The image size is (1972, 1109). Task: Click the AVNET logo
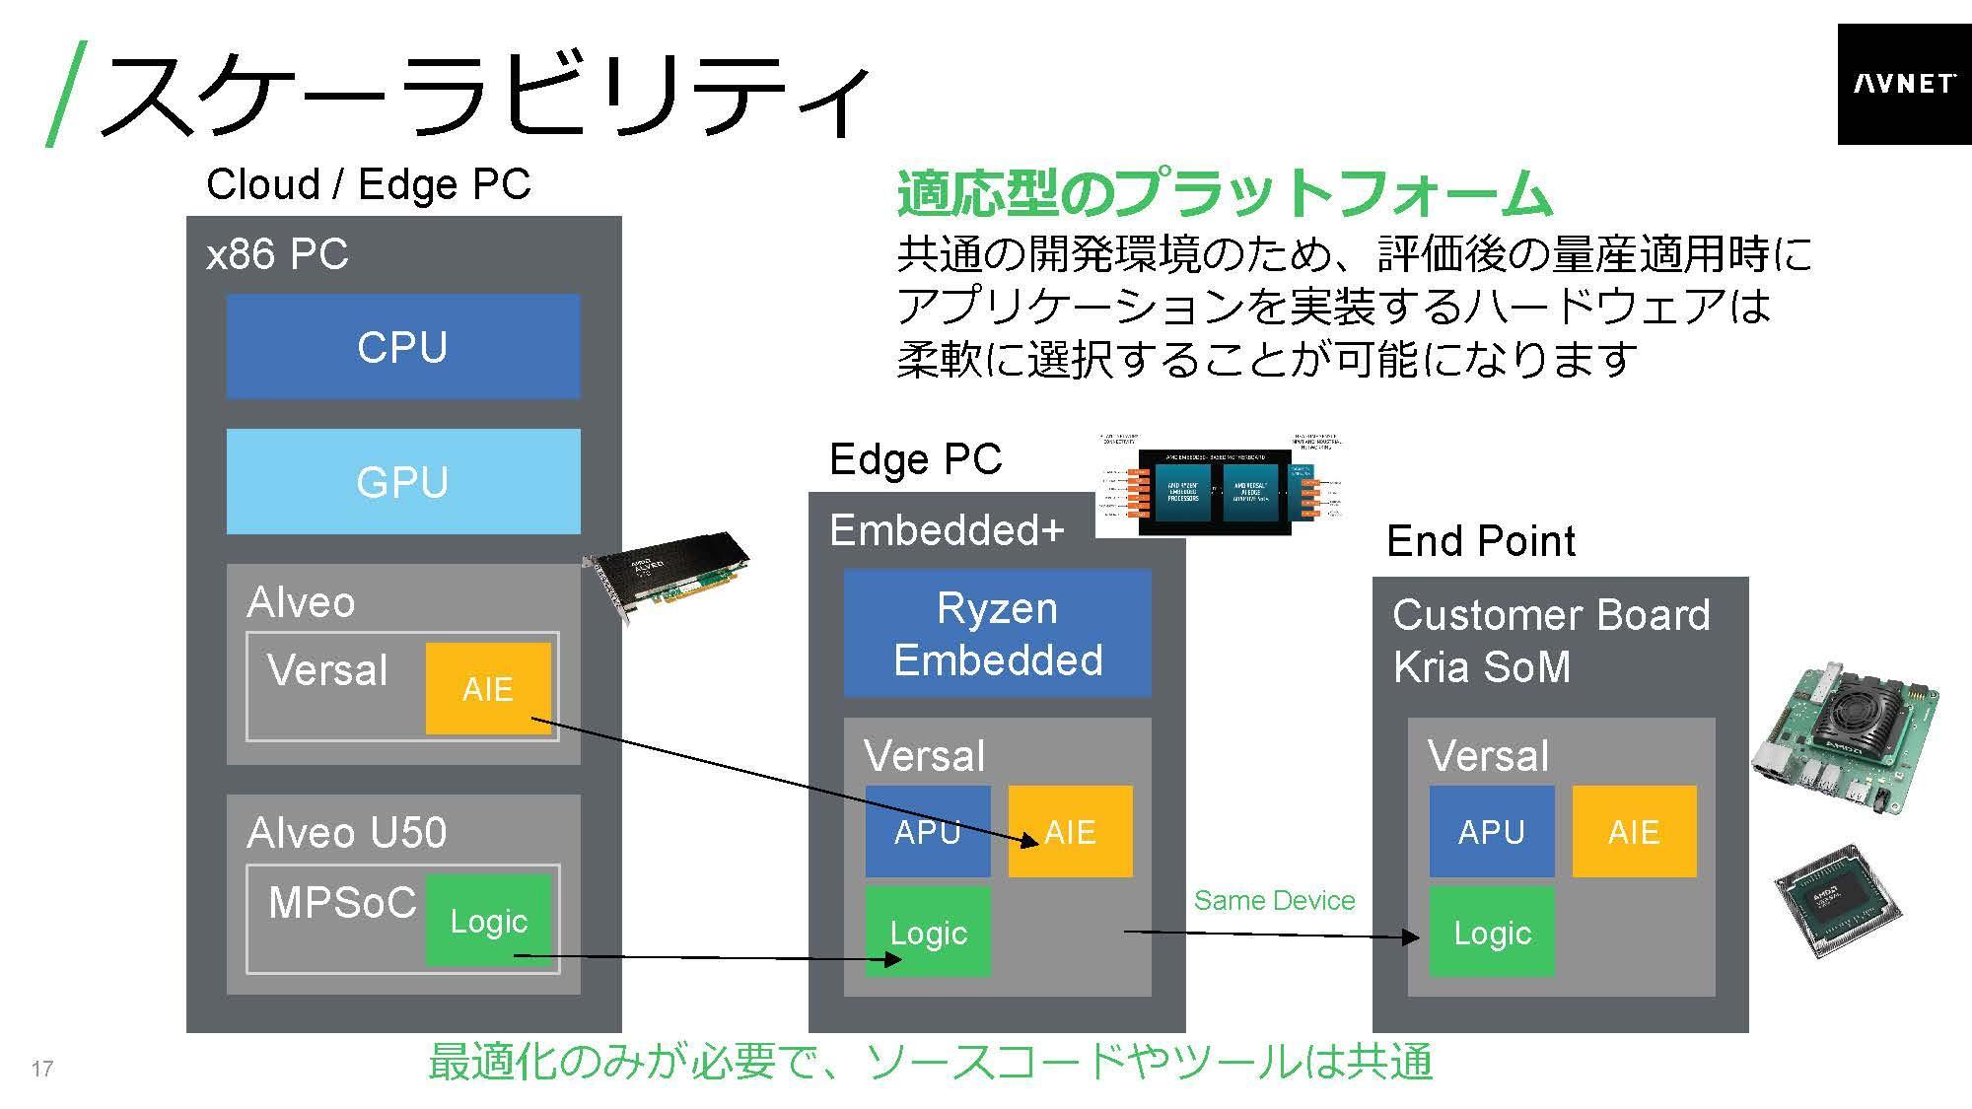click(x=1903, y=84)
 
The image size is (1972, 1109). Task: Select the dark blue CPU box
click(x=403, y=346)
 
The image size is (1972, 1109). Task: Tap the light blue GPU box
click(x=403, y=481)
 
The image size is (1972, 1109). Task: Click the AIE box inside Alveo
click(x=488, y=688)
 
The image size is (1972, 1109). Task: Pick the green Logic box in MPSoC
click(x=489, y=921)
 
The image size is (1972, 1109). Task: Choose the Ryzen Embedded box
click(x=997, y=634)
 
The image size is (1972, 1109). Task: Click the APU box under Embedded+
click(x=928, y=831)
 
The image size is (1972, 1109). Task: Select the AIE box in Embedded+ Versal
click(x=1070, y=831)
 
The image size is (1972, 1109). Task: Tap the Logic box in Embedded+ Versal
click(x=928, y=932)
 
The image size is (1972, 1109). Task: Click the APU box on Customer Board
click(x=1491, y=831)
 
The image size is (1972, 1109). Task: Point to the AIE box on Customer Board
click(x=1634, y=831)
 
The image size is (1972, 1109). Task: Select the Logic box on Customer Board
click(x=1491, y=932)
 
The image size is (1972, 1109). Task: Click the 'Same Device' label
click(x=1274, y=900)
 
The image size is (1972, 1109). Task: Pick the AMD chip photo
click(x=1838, y=900)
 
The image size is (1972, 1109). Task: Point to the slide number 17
click(x=42, y=1069)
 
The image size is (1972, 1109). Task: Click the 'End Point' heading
click(x=1480, y=541)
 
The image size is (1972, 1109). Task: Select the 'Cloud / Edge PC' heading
click(x=368, y=184)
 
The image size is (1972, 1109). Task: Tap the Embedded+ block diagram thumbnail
click(x=1219, y=484)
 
